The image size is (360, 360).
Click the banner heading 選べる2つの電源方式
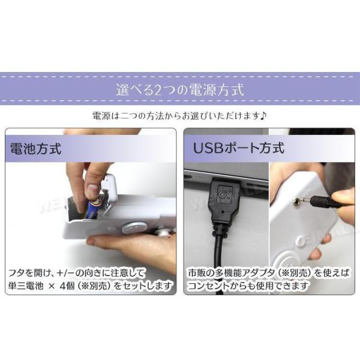pos(180,89)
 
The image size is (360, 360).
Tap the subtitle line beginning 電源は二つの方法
pos(179,116)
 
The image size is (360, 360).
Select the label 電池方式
pos(36,148)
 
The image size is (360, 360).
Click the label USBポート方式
pos(239,148)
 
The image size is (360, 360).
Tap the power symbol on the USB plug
pos(223,194)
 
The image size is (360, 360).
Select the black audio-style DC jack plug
pos(324,202)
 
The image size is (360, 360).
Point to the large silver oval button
pos(134,227)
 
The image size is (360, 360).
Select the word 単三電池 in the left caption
pos(26,286)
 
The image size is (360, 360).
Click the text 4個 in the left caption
pos(67,286)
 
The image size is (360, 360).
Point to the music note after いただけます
pos(263,115)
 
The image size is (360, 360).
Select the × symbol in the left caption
pos(52,286)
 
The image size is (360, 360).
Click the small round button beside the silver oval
pos(112,229)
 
